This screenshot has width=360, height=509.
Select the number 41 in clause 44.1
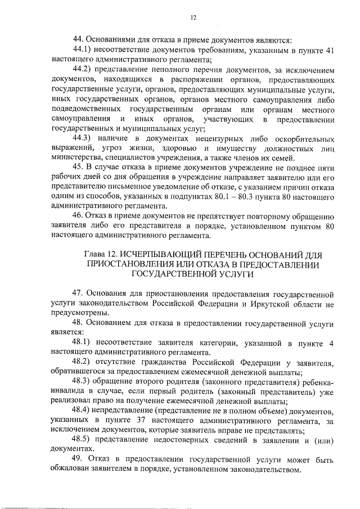330,51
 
